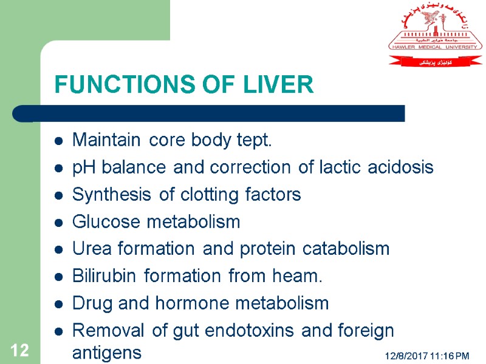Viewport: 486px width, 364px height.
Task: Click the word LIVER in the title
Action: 280,86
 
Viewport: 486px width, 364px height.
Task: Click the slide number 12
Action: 19,350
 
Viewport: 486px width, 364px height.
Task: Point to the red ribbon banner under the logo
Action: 435,61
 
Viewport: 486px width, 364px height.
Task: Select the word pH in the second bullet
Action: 81,168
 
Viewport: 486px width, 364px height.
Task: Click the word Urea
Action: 89,249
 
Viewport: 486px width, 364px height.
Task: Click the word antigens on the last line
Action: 106,352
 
